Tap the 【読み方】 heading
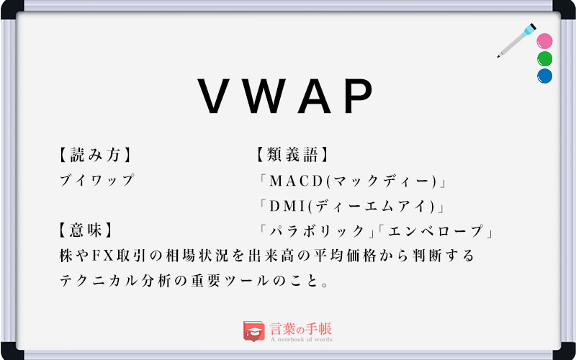coord(95,154)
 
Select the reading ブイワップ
coord(98,181)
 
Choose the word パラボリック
coord(316,232)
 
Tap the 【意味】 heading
coord(86,231)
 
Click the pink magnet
coord(544,41)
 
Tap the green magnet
coord(544,58)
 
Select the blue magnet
coord(544,76)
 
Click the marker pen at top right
coord(517,41)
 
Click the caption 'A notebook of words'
coord(301,340)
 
